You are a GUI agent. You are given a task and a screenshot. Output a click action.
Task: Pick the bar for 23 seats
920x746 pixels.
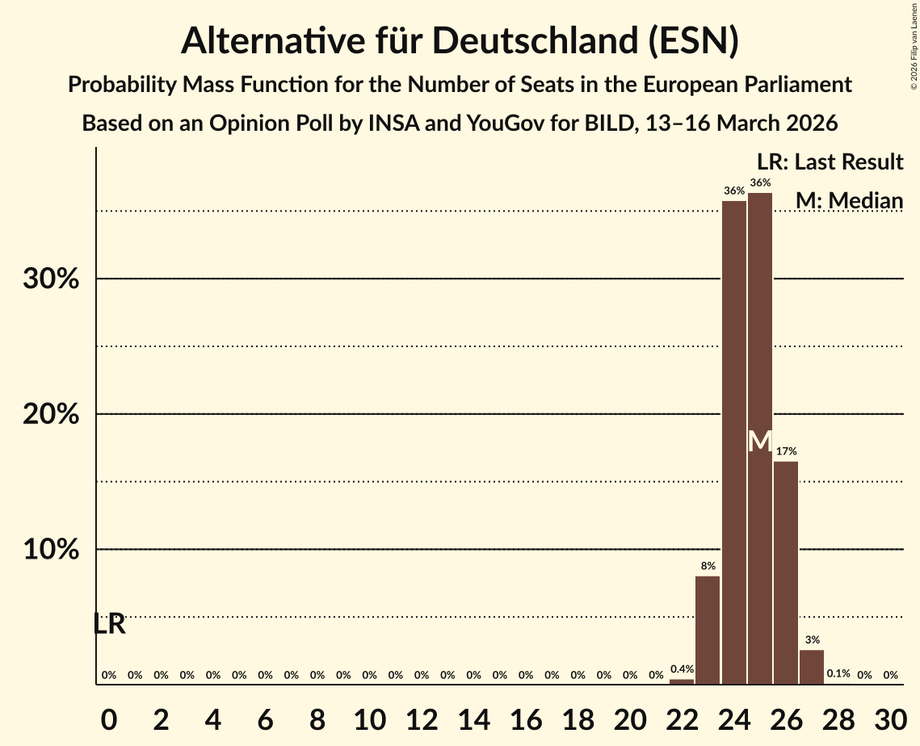[x=708, y=630]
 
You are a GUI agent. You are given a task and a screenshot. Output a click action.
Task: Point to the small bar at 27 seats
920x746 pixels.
[x=812, y=667]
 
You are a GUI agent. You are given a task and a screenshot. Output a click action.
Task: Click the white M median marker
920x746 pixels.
[x=760, y=442]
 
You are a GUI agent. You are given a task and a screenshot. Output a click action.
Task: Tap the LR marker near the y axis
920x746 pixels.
[x=109, y=624]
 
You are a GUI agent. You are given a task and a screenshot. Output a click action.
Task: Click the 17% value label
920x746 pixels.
[x=786, y=451]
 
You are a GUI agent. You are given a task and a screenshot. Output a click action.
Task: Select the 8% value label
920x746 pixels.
[x=708, y=566]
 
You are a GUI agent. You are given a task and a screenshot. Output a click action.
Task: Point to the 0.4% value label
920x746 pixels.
[x=682, y=669]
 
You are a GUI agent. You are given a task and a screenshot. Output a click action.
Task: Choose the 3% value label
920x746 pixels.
[x=812, y=640]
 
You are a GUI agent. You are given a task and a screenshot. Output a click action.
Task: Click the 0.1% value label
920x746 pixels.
[x=838, y=674]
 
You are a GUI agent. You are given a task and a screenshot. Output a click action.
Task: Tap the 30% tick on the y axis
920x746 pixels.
[x=50, y=279]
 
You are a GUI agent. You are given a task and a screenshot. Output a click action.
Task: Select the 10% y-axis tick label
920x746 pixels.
[x=50, y=550]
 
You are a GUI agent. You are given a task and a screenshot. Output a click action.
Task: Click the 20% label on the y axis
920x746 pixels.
[x=50, y=414]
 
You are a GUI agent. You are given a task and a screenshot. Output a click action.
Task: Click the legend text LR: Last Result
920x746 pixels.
[x=830, y=162]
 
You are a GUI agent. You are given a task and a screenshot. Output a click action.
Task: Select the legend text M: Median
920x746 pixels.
[x=849, y=200]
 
